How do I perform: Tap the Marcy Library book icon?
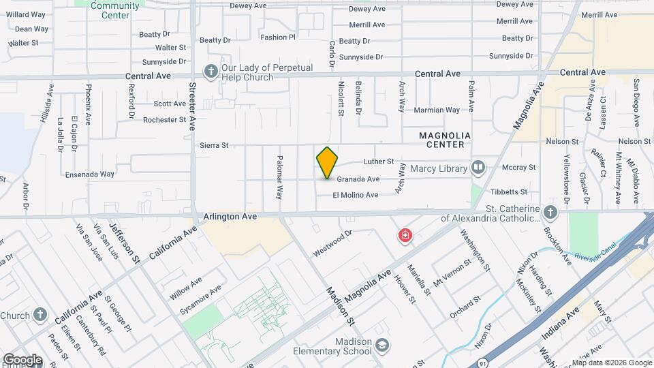click(479, 168)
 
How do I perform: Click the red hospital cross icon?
click(405, 236)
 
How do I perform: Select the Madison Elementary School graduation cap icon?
click(381, 346)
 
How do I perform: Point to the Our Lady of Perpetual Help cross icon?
click(211, 70)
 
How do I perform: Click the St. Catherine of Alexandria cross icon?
click(550, 213)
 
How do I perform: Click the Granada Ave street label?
click(358, 179)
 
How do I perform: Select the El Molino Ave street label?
click(355, 195)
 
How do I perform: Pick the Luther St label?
click(379, 162)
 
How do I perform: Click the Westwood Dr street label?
click(332, 243)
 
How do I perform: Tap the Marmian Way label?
click(437, 110)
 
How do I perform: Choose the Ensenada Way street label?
click(90, 174)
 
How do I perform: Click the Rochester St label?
click(164, 120)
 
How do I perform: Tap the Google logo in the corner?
click(22, 359)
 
